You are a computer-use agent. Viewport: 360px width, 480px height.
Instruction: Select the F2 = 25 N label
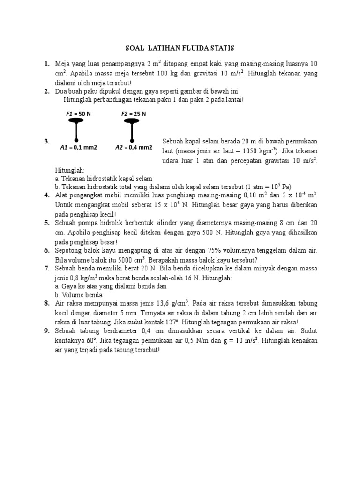(134, 114)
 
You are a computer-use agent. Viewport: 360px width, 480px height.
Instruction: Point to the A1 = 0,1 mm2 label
(78, 147)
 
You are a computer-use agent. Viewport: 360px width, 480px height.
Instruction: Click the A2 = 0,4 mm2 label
(134, 147)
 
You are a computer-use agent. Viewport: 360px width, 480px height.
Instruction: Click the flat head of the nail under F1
(76, 121)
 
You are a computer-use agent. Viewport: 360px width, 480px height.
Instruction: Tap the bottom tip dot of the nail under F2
(132, 140)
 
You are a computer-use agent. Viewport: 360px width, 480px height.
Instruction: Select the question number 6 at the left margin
(47, 251)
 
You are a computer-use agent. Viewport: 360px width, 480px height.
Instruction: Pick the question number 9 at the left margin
(47, 331)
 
